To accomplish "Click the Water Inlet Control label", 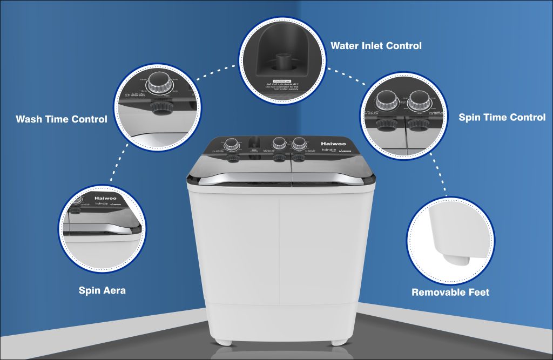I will (376, 46).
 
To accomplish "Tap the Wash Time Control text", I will (62, 119).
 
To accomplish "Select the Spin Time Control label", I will (502, 117).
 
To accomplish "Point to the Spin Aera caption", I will (102, 290).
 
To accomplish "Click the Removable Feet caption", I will (450, 293).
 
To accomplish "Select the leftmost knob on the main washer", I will (232, 144).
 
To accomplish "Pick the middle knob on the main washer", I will (279, 144).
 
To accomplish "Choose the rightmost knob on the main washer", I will (298, 144).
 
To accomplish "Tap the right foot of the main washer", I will (339, 342).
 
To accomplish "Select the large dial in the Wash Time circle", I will (158, 81).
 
